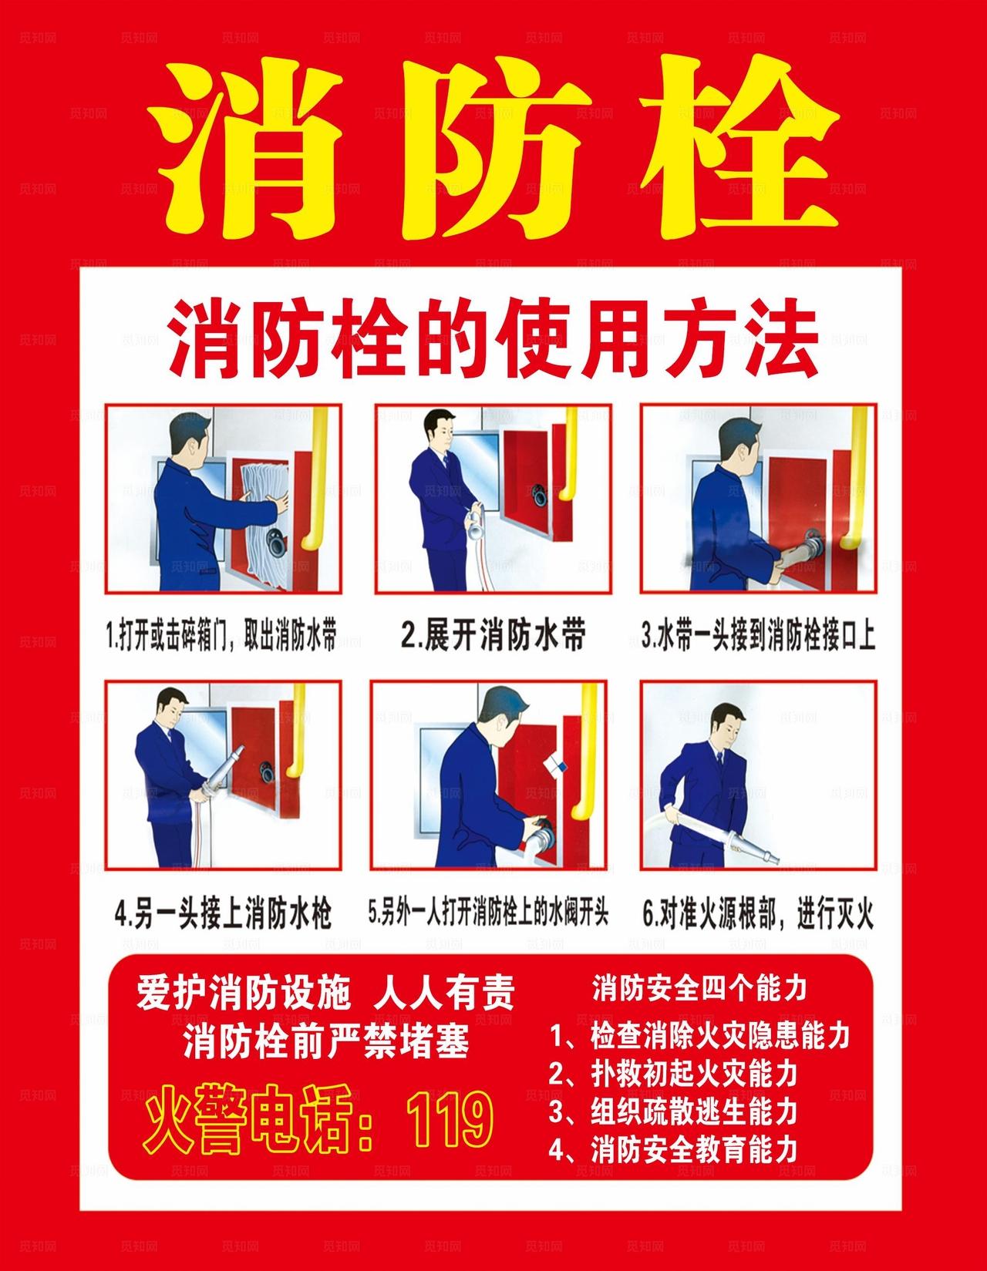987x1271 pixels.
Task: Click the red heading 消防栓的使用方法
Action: [x=493, y=340]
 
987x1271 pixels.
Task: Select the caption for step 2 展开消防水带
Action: [x=493, y=636]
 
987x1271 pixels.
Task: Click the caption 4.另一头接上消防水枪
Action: [x=223, y=915]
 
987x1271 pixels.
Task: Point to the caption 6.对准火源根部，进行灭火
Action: [x=757, y=915]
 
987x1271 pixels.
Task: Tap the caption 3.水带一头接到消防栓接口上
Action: [x=759, y=637]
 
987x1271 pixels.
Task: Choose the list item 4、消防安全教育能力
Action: [x=672, y=1151]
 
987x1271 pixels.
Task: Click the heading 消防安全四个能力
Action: [x=699, y=988]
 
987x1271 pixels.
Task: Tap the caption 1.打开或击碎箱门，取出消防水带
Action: [x=221, y=637]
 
